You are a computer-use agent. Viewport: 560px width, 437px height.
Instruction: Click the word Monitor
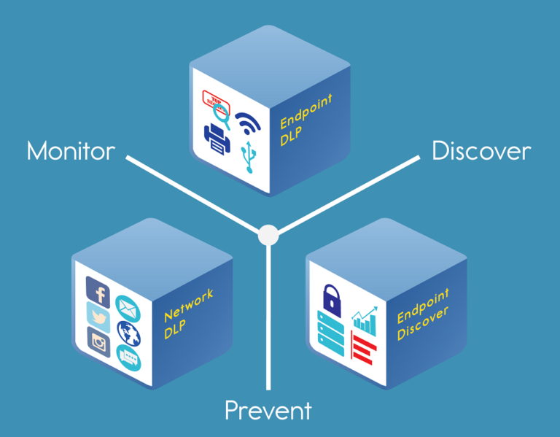coord(71,151)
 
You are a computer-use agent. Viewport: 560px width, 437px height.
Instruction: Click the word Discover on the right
coord(481,151)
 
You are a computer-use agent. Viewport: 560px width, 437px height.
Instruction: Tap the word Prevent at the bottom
coord(268,410)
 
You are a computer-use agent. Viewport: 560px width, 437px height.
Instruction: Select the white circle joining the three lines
coord(268,235)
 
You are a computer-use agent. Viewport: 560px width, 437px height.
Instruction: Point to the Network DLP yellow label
coord(187,312)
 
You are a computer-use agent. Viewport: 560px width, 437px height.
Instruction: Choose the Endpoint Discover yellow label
coord(423,316)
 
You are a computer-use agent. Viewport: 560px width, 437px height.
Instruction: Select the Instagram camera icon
coord(98,341)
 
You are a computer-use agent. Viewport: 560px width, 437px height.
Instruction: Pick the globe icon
coord(128,333)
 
